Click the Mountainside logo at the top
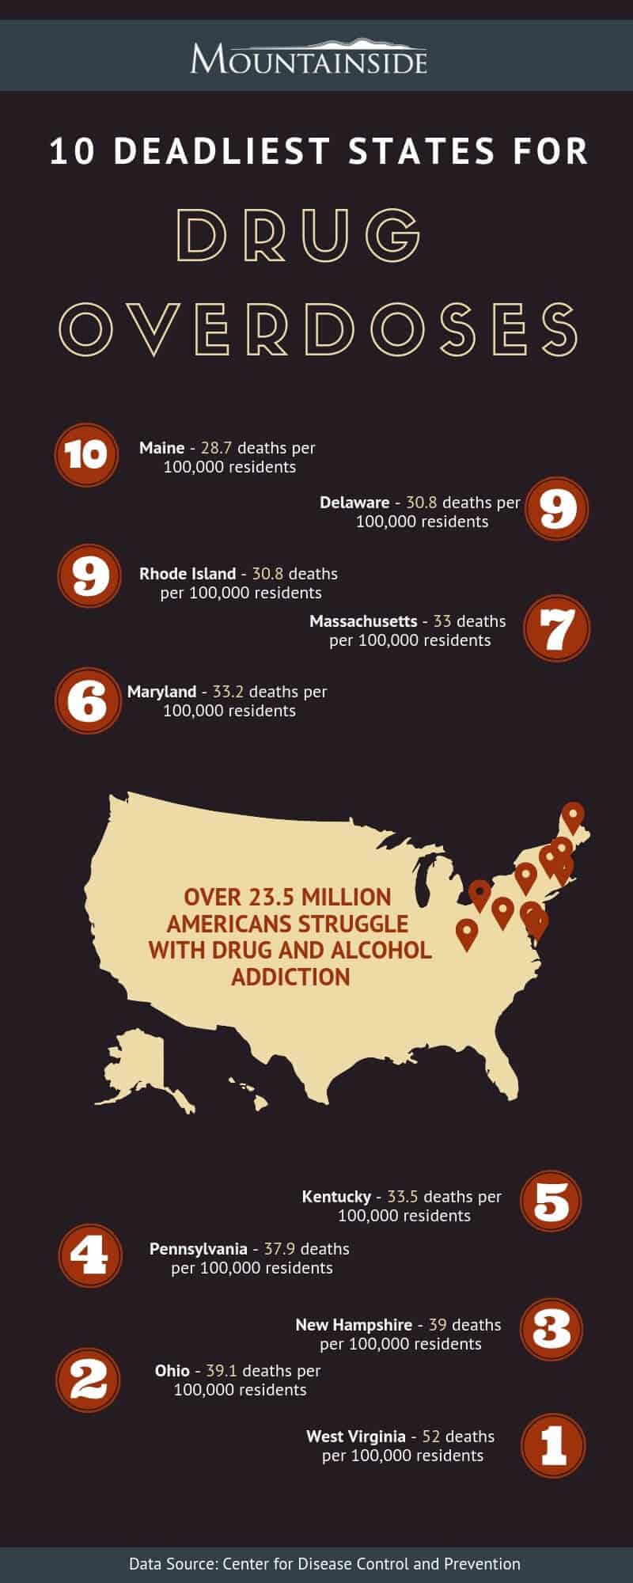[x=309, y=56]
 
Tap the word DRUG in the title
[x=298, y=235]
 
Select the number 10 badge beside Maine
[x=86, y=455]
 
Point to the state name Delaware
[x=354, y=503]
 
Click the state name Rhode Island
[x=188, y=574]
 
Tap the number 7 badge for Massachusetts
[x=557, y=628]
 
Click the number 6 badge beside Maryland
[x=88, y=701]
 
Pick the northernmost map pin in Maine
[x=573, y=816]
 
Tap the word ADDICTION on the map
[x=290, y=977]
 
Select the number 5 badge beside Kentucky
[x=552, y=1201]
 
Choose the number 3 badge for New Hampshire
[x=552, y=1329]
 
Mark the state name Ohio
[x=172, y=1370]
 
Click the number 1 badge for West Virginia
[x=553, y=1445]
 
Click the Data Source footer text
[x=324, y=1564]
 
